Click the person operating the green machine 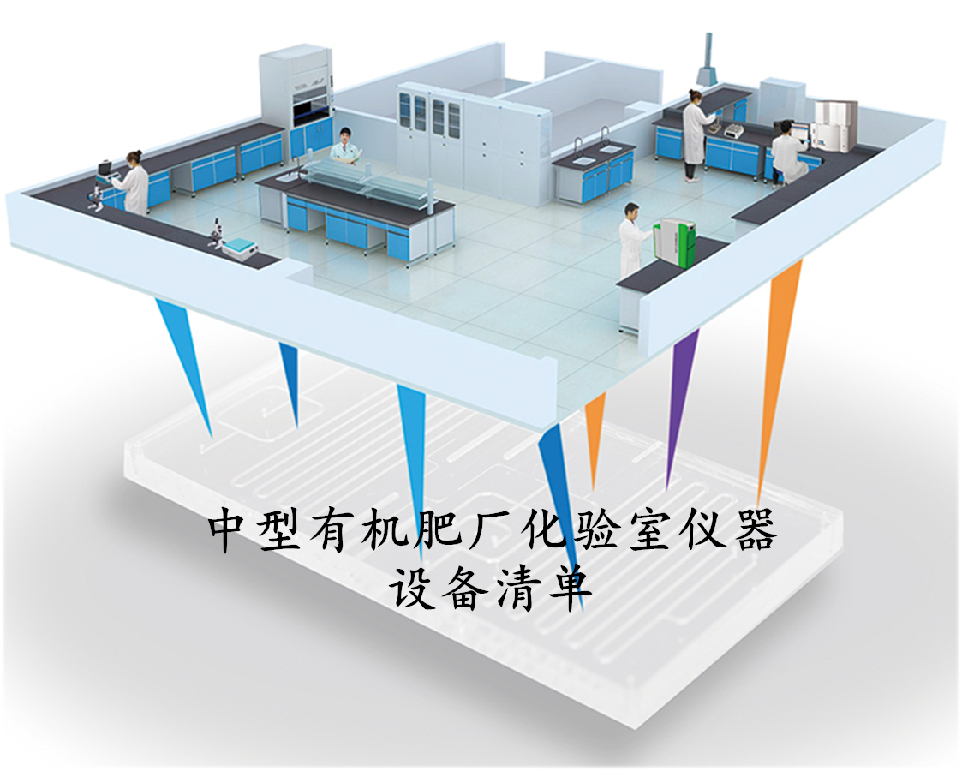point(632,239)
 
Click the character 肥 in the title point(439,529)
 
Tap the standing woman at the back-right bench point(694,135)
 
